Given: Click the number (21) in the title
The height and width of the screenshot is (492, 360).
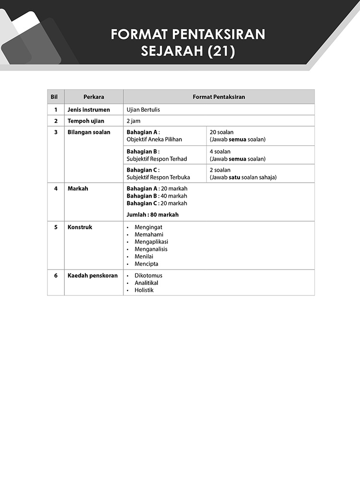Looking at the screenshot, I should click(x=221, y=51).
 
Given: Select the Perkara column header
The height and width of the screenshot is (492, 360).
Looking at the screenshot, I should click(x=94, y=97).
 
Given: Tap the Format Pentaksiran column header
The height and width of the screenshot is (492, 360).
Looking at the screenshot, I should click(x=219, y=97).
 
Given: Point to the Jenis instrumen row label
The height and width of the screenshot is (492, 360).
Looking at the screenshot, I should click(x=89, y=110).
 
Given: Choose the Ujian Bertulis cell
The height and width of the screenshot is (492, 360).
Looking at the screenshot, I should click(x=143, y=110).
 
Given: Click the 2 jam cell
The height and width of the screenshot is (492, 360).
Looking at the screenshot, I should click(x=133, y=121).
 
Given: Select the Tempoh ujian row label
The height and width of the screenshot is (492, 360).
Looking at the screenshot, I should click(x=86, y=121).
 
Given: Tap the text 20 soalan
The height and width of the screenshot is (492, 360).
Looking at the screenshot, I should click(x=222, y=132).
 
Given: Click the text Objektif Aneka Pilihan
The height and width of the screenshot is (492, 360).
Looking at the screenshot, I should click(x=154, y=140).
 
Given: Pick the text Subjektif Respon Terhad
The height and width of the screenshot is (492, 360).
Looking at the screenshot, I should click(x=156, y=159).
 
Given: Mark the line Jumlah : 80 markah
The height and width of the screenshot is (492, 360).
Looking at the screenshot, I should click(x=152, y=215).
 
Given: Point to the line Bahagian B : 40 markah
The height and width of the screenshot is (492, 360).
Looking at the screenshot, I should click(x=156, y=196).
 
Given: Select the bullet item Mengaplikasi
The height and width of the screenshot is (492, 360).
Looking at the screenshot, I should click(x=151, y=242).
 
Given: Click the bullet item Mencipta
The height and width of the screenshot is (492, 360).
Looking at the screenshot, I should click(x=146, y=264).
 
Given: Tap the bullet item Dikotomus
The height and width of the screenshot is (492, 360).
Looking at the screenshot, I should click(x=148, y=276).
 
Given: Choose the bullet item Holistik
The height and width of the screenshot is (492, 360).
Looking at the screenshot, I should click(x=144, y=290).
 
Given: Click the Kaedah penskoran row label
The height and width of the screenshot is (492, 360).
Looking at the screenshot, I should click(x=93, y=276).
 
